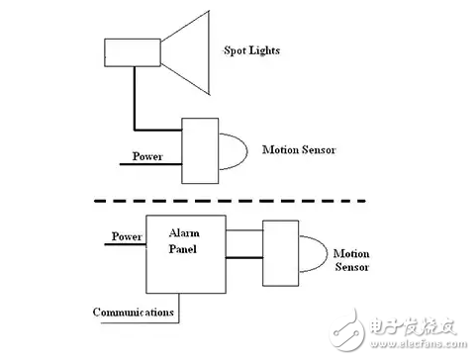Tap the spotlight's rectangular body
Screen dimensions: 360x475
coord(133,52)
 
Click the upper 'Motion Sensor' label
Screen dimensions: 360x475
coord(299,150)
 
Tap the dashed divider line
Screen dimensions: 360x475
coord(229,201)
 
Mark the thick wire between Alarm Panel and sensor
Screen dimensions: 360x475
coord(242,259)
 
